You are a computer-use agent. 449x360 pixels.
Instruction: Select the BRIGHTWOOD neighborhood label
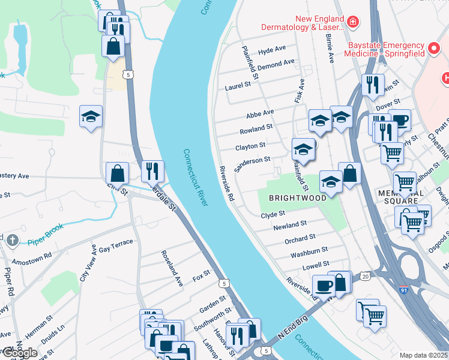coord(297,197)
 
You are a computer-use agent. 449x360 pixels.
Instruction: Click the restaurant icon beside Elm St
coord(152,172)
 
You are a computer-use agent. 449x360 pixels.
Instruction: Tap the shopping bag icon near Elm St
coord(117,174)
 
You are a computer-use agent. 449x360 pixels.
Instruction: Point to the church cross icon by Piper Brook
coord(14,241)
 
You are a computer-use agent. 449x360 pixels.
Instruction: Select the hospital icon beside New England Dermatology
coord(354,23)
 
